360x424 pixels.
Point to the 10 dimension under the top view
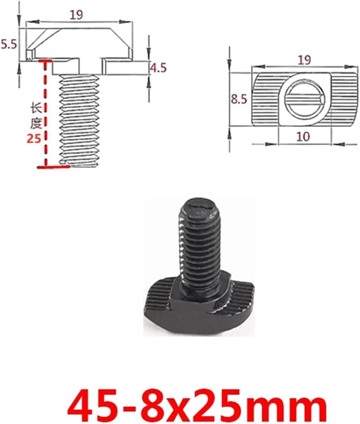(303, 136)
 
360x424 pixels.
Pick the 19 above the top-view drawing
(304, 60)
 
